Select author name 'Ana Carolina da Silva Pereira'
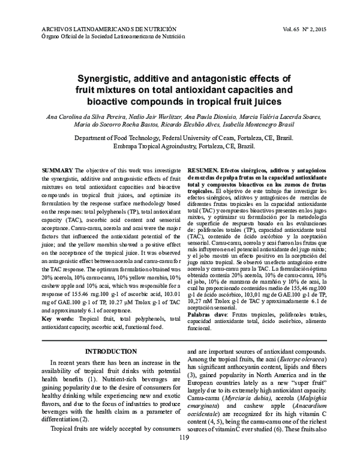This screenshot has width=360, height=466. [x=90, y=115]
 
